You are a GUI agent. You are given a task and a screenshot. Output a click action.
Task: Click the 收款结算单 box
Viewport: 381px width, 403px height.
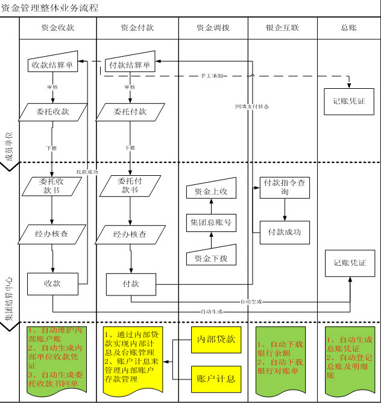pos(53,65)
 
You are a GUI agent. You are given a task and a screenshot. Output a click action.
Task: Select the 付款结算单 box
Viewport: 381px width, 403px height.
pos(129,65)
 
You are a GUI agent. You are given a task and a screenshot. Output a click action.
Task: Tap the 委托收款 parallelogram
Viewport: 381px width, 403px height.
pos(53,112)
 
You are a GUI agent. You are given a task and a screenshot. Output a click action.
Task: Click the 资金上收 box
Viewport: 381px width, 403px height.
pos(210,191)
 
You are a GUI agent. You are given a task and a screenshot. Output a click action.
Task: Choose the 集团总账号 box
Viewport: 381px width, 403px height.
pos(210,222)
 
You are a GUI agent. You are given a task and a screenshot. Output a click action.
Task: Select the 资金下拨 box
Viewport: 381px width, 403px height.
pos(210,256)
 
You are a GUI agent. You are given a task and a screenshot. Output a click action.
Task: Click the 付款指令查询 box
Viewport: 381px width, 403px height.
pos(285,187)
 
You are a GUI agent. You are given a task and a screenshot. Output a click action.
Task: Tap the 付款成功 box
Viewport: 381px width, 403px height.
pos(285,231)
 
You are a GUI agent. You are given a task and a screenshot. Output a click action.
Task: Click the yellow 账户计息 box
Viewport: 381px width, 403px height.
pos(215,379)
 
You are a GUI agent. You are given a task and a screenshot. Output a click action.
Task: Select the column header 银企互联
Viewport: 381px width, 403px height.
pos(282,28)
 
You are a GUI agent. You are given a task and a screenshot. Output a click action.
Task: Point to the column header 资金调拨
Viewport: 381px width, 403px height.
pos(213,28)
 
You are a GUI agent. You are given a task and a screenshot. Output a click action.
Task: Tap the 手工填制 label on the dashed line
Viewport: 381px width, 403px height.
pos(213,76)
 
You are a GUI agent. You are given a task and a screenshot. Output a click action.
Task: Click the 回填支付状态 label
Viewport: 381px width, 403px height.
pos(252,106)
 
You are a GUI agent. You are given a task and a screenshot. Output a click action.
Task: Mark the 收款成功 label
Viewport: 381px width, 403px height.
pos(87,172)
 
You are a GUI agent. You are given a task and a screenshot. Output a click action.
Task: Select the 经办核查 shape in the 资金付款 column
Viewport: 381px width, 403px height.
pos(130,234)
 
